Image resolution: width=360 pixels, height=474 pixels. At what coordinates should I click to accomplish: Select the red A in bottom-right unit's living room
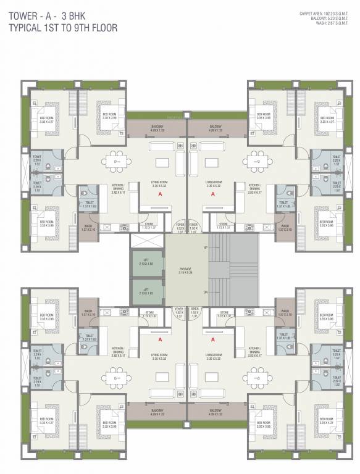(212, 339)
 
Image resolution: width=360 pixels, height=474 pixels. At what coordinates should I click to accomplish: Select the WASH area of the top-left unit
(88, 228)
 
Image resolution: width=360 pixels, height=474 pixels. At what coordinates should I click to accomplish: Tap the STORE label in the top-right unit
(224, 227)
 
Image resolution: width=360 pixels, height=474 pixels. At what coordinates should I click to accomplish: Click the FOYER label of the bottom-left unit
(180, 310)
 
